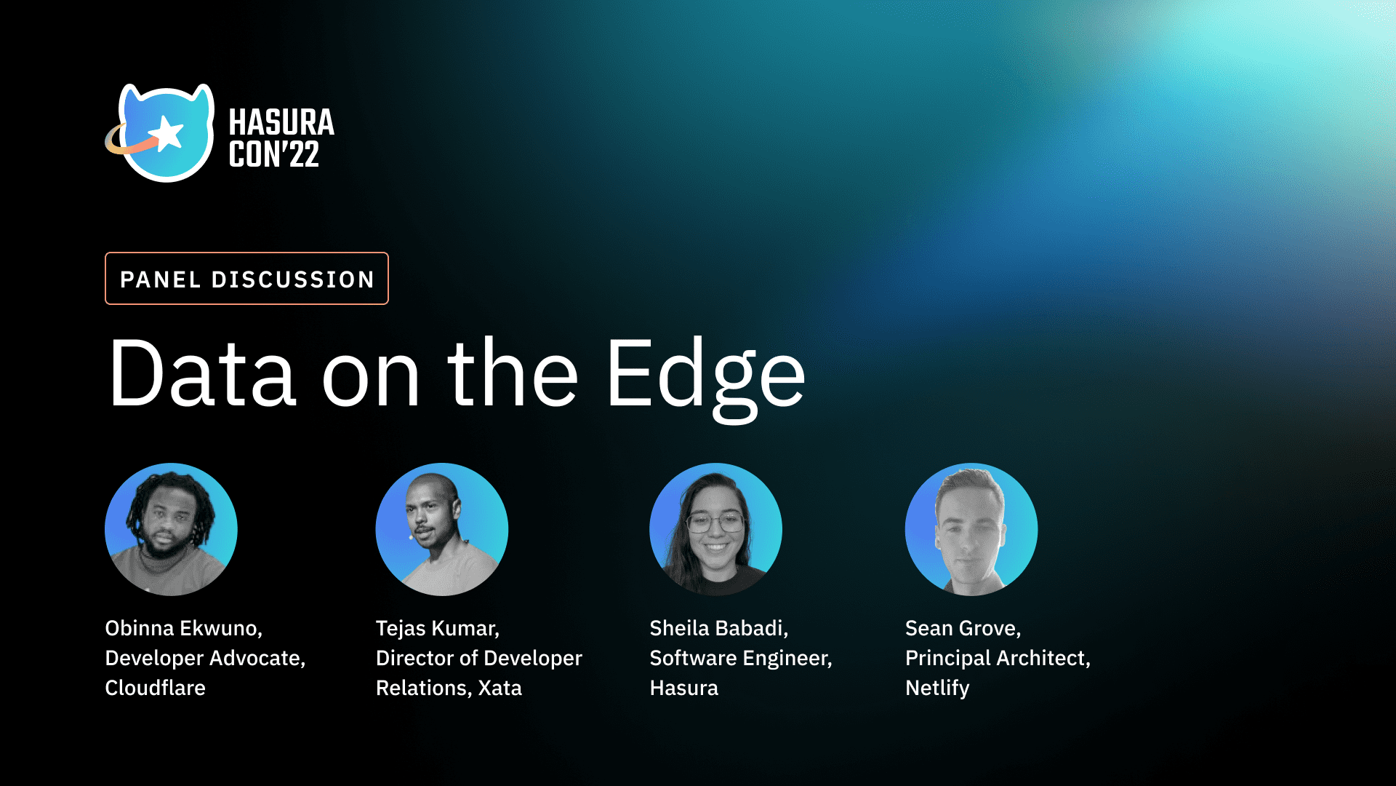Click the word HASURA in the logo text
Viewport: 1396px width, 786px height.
point(281,122)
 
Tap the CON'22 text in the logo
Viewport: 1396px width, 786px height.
point(273,154)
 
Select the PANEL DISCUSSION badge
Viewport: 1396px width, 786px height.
point(246,279)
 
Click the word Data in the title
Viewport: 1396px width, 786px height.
point(202,373)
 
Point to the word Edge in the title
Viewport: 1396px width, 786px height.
point(705,375)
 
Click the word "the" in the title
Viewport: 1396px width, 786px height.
point(513,373)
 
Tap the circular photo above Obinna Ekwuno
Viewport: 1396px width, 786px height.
point(171,529)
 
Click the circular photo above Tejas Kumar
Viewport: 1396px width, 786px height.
point(441,529)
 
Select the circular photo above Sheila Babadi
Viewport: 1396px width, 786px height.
point(715,529)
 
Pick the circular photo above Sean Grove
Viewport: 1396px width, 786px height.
point(971,529)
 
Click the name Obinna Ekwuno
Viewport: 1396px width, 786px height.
point(182,628)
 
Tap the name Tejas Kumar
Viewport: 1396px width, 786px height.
point(436,628)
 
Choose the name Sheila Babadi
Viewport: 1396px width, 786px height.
point(718,628)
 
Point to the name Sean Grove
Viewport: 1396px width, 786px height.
point(962,628)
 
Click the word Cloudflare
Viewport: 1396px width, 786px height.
point(155,688)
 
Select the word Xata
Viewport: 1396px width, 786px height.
point(500,688)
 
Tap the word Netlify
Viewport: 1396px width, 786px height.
point(937,688)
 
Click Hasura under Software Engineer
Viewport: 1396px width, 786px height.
point(683,688)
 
